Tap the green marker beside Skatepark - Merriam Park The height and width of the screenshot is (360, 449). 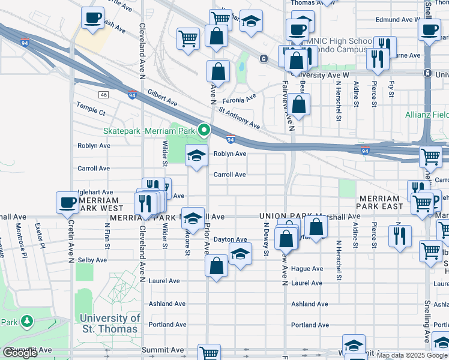point(205,130)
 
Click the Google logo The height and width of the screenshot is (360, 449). point(20,353)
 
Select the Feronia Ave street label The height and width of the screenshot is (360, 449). point(238,96)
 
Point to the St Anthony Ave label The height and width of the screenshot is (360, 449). point(239,118)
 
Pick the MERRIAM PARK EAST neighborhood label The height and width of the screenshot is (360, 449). point(387,202)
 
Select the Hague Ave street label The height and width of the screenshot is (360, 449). point(307,268)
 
